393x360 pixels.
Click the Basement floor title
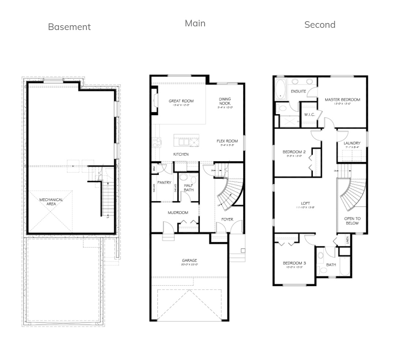pos(69,27)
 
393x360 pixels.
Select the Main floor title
pos(195,23)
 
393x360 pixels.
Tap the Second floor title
pos(320,25)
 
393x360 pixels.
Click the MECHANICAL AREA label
pos(51,202)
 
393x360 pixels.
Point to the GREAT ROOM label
pos(181,101)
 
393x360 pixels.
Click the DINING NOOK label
pos(225,101)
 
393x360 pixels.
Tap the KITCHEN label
pos(181,154)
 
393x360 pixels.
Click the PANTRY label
pos(164,183)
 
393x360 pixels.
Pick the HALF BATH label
pos(188,188)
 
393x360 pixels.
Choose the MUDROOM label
pos(178,213)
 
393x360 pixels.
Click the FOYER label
pos(227,220)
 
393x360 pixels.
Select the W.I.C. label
pos(309,115)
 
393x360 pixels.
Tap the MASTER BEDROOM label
pos(343,100)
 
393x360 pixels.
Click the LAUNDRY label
pos(352,143)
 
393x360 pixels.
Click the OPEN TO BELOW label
pos(352,221)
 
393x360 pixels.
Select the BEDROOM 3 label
pos(294,263)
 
